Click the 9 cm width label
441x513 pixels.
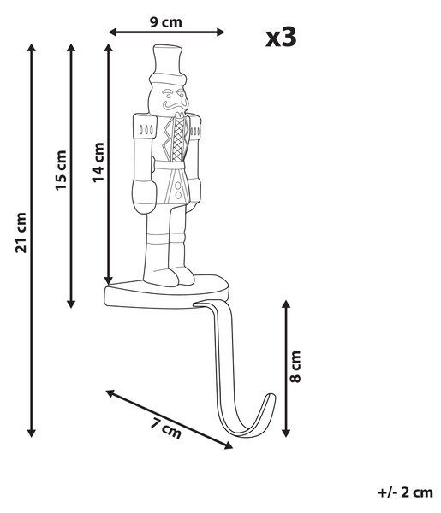point(166,22)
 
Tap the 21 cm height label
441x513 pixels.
point(21,233)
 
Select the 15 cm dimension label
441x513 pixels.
point(61,170)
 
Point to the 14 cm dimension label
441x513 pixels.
point(98,162)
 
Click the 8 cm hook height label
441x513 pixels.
point(295,367)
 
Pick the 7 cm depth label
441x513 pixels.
point(166,428)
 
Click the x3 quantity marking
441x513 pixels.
point(281,38)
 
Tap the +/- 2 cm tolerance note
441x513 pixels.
point(406,492)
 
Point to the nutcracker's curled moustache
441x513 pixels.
point(174,105)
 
